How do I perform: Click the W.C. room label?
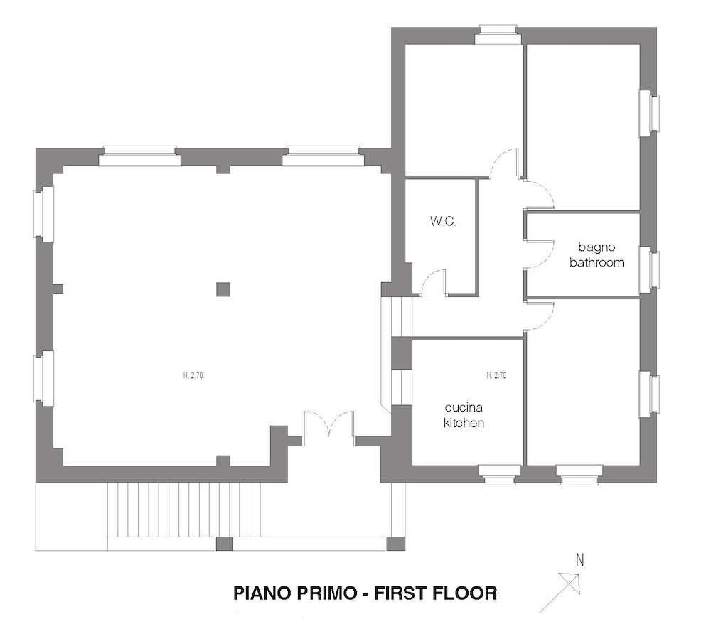(443, 222)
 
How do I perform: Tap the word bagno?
(597, 247)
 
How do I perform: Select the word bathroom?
(597, 262)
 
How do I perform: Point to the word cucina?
(464, 407)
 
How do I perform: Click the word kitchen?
(464, 423)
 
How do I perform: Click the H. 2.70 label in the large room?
(193, 375)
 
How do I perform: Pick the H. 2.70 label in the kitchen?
(496, 375)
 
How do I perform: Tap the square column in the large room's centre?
(223, 289)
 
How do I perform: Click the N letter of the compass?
(579, 561)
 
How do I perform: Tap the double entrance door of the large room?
(329, 424)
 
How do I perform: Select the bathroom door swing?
(540, 254)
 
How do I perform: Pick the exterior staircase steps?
(184, 510)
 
